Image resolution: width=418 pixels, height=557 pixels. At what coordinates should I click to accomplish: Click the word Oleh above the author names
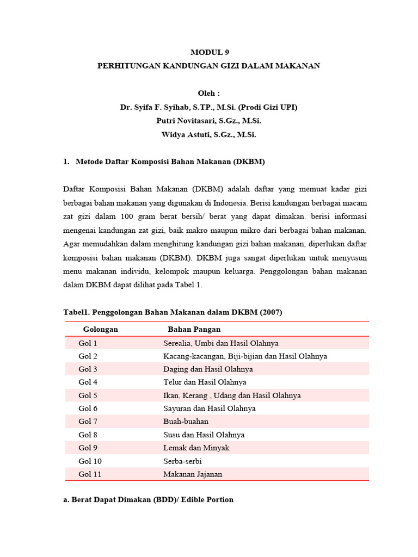coord(208,94)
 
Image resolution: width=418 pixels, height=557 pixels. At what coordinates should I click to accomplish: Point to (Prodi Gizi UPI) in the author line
coord(266,107)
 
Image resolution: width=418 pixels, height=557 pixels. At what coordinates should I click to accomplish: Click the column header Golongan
coord(100,330)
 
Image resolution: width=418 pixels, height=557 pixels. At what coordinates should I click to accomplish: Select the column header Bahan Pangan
coord(194,330)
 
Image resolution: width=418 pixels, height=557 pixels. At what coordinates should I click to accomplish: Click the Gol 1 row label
coord(88,343)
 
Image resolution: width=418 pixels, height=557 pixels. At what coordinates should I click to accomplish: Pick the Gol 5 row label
coord(88,395)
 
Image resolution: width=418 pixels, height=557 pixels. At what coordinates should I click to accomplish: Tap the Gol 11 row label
coord(90,474)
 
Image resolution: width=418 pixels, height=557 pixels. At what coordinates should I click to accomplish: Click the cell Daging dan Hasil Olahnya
coord(208,369)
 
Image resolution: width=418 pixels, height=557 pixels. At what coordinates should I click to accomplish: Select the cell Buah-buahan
coord(186,422)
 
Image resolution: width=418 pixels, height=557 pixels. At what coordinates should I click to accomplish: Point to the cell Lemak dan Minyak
coord(196,448)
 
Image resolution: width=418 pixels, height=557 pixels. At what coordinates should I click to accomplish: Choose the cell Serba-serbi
coord(182,461)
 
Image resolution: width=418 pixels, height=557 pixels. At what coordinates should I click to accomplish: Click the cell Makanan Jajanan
coord(193,474)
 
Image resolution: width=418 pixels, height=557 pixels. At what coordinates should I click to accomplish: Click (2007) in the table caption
coord(271,312)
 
